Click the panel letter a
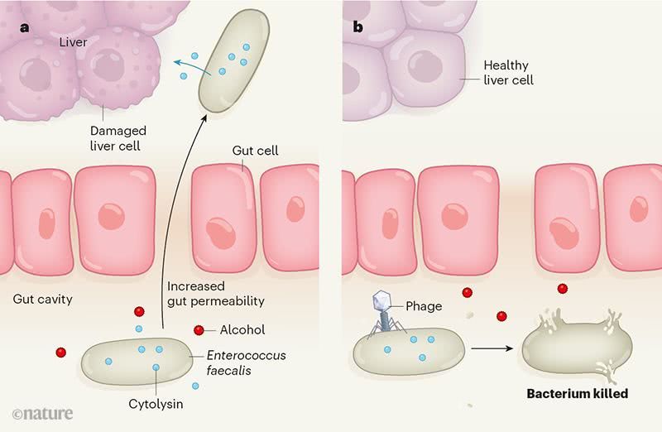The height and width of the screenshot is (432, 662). coord(25,28)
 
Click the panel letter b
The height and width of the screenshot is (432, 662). coord(357,27)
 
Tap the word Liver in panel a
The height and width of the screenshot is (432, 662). coord(73,42)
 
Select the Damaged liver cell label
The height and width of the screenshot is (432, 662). coord(118,138)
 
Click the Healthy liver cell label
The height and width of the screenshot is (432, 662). coord(508,73)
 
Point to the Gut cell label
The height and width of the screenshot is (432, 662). coord(255,151)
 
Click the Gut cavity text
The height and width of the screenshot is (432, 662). coord(43,300)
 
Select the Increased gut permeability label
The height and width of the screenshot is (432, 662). coord(216,294)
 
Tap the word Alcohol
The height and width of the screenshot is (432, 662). coord(242,330)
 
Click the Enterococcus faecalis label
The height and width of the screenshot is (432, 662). coord(246,362)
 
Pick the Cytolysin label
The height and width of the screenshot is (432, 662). coord(156,404)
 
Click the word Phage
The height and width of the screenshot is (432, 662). coord(424,306)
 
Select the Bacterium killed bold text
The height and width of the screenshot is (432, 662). coord(577,394)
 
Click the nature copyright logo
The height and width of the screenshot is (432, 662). coord(43,414)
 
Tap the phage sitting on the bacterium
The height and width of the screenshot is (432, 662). coord(384,314)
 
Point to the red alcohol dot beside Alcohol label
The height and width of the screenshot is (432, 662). coord(199,330)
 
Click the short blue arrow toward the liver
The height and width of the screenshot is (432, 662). coord(192,68)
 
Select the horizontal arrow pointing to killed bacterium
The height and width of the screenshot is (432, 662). coord(492,348)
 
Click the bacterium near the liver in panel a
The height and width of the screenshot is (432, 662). coord(234,60)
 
